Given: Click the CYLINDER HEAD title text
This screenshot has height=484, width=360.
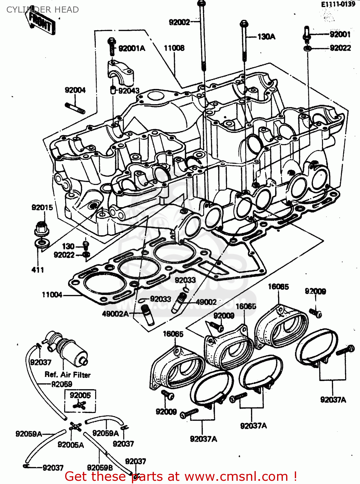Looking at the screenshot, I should click(42, 10).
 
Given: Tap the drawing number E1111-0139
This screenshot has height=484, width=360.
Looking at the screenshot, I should click(338, 4).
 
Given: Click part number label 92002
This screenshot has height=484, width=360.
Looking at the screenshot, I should click(179, 22).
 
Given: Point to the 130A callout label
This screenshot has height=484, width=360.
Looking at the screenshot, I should click(266, 37).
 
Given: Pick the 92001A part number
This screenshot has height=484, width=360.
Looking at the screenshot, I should click(132, 48).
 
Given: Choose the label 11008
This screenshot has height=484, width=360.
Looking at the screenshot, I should click(174, 48).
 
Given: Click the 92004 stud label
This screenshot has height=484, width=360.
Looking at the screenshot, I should click(75, 90).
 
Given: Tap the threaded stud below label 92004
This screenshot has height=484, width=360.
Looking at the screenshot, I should click(75, 108).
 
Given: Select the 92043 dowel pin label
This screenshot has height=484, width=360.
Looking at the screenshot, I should click(129, 91).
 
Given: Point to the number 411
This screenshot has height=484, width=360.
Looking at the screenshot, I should click(38, 270).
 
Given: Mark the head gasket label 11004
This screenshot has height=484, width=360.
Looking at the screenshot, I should click(52, 295).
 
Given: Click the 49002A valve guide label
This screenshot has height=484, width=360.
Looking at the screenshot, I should click(115, 314).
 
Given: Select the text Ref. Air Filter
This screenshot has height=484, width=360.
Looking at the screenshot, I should click(67, 375).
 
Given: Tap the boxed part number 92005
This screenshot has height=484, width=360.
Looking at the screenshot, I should click(80, 395).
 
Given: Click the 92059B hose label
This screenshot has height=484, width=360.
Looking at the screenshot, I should click(100, 468).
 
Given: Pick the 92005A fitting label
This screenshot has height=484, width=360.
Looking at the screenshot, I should click(71, 445).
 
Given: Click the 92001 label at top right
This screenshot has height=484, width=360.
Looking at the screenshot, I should click(340, 34).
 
